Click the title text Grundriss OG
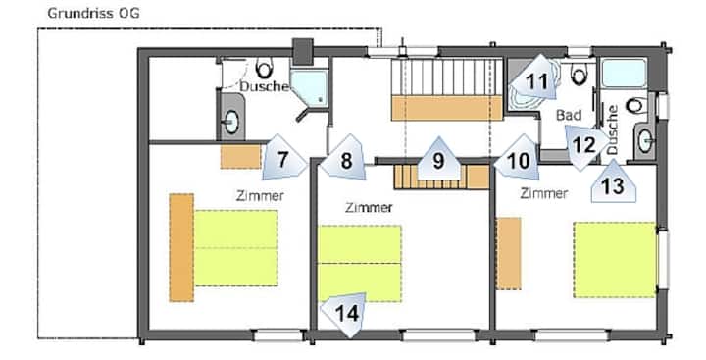[93, 13]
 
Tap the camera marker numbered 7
[284, 156]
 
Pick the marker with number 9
[438, 159]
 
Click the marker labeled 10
[517, 158]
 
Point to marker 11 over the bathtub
[534, 78]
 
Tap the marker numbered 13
[613, 181]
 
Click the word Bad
[569, 116]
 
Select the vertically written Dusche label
[613, 130]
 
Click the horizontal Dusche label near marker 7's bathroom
[264, 86]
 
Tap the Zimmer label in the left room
[260, 196]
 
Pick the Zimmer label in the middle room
[370, 208]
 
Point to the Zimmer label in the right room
[544, 194]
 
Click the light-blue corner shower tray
[309, 87]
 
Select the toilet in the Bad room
[579, 74]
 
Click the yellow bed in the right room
[615, 260]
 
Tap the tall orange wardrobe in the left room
[181, 247]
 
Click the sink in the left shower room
[231, 122]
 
